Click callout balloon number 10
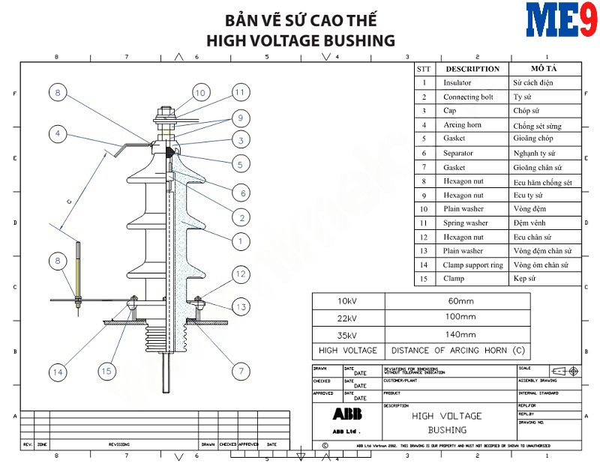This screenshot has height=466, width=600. tap(199, 93)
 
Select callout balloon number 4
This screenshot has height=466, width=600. tap(58, 134)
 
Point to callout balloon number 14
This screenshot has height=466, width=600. tap(58, 371)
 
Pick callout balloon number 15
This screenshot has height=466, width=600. tap(109, 371)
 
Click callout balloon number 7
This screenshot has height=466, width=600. tap(241, 370)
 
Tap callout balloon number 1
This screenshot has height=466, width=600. tap(241, 241)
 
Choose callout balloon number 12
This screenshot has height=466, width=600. tap(240, 274)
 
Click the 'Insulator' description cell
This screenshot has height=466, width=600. tap(457, 83)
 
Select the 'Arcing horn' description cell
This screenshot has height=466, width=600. tap(462, 125)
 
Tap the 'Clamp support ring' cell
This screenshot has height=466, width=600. tap(472, 264)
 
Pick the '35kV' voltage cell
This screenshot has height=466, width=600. tap(347, 333)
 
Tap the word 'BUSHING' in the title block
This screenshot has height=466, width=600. tap(447, 430)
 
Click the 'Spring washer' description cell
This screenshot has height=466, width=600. tap(466, 223)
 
